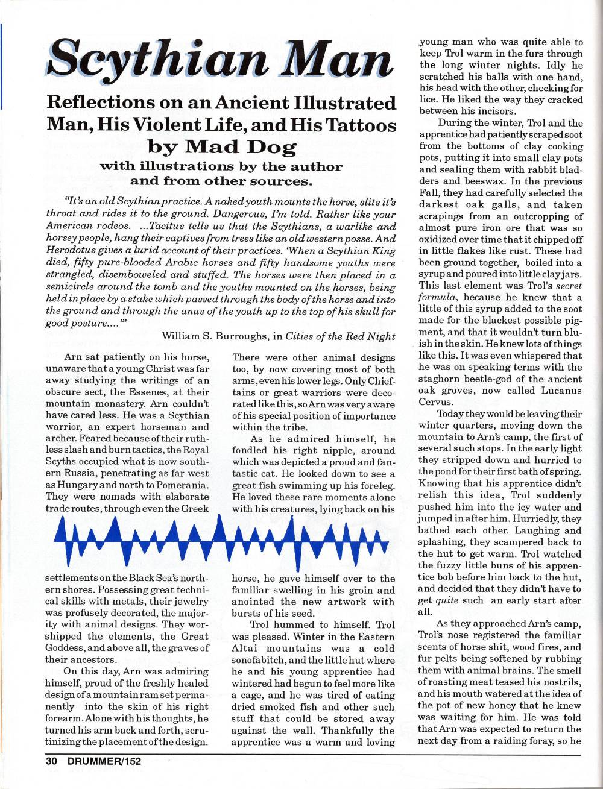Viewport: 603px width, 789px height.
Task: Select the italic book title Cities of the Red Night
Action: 341,336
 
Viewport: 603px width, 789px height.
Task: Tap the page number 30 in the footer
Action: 52,761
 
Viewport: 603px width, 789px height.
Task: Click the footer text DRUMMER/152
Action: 104,761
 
